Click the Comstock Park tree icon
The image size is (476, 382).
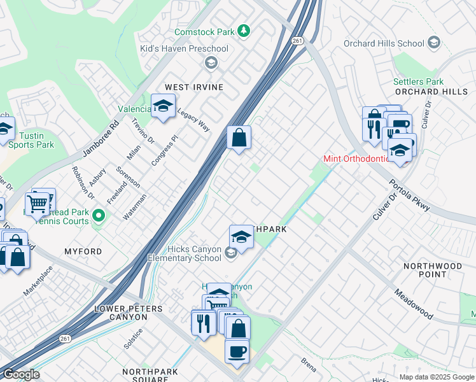[x=244, y=31]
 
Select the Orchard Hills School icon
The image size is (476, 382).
[x=434, y=43]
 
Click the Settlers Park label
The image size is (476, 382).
[x=418, y=81]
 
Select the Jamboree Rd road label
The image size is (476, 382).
[x=101, y=137]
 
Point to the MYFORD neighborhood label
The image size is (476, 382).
[x=83, y=251]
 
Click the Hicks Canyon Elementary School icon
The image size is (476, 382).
[x=230, y=253]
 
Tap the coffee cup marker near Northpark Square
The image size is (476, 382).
[x=237, y=351]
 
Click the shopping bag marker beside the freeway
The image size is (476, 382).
[x=239, y=138]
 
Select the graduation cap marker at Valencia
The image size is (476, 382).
[x=163, y=106]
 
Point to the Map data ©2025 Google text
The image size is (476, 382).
[x=436, y=377]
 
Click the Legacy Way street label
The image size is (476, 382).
[x=193, y=119]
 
